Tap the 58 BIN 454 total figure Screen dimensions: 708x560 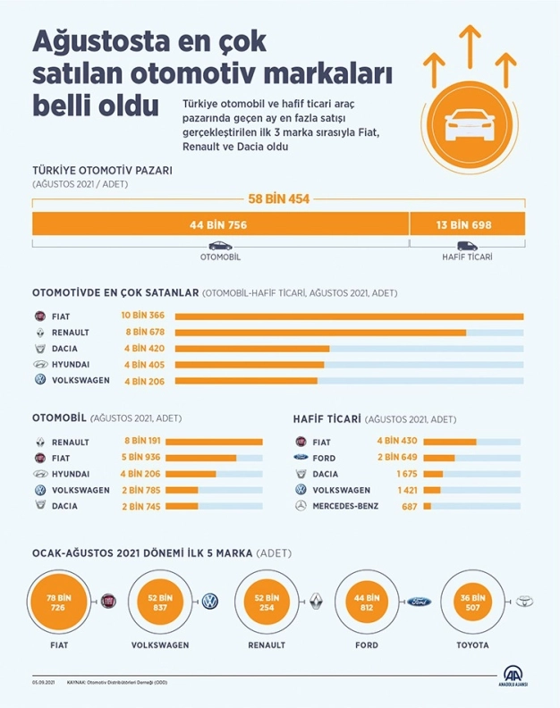[278, 198]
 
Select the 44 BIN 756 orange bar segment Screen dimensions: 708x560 [219, 224]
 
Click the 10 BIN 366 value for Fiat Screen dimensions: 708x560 [143, 316]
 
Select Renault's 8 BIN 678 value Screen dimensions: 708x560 [143, 332]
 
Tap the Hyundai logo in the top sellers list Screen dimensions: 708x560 [39, 365]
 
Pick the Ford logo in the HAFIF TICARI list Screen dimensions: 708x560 [301, 458]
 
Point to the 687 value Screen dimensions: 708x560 [411, 506]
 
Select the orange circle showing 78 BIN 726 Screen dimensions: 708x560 [60, 602]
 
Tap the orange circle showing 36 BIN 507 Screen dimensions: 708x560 [471, 602]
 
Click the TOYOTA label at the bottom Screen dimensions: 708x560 [472, 645]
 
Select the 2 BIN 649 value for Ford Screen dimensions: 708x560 [396, 458]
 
